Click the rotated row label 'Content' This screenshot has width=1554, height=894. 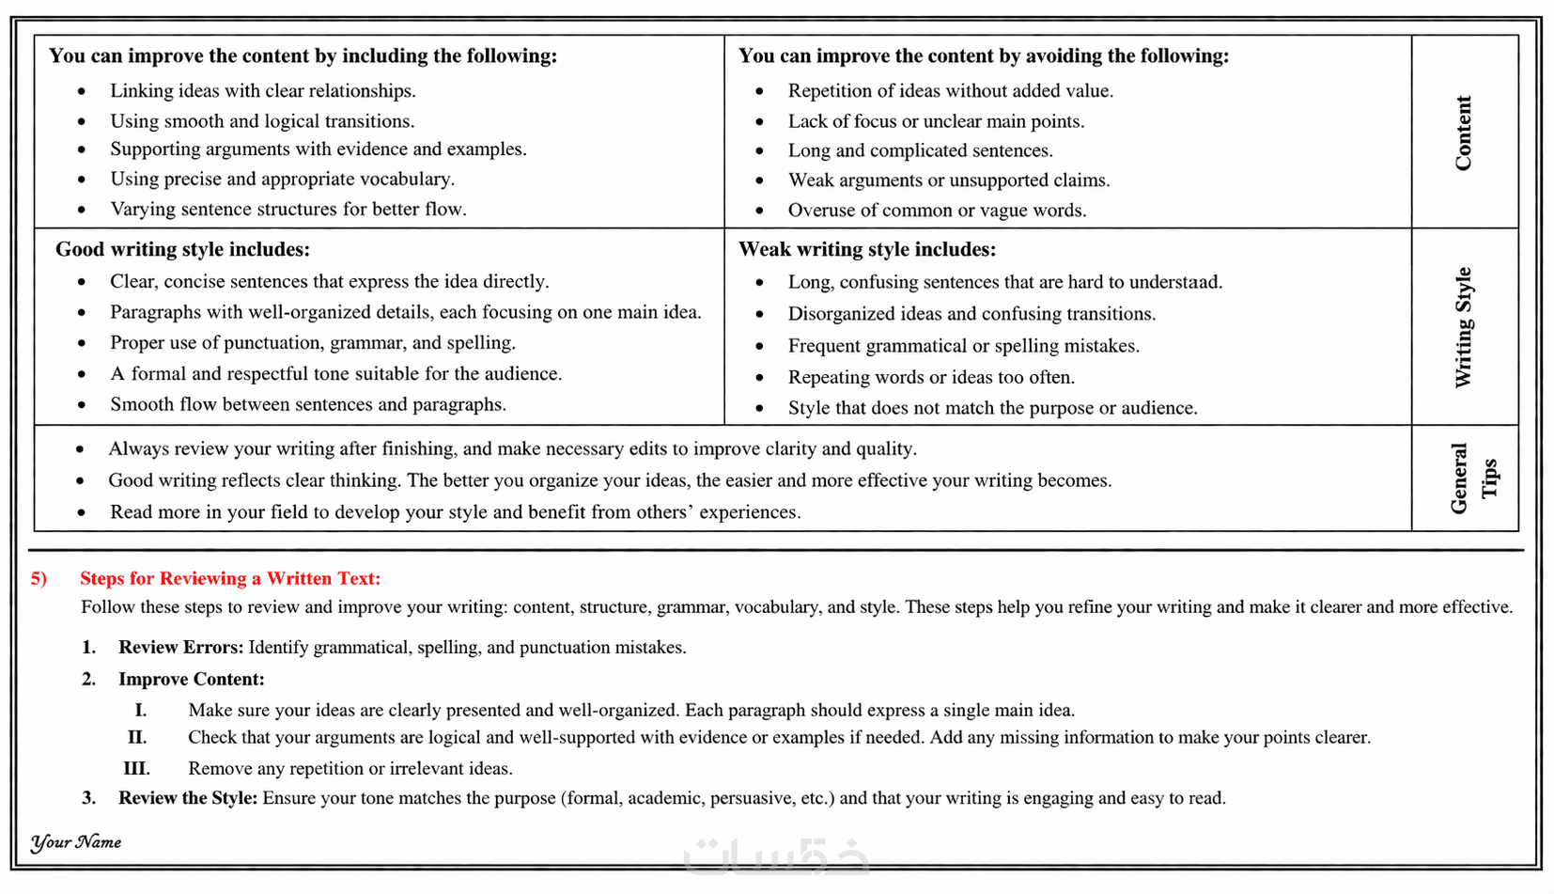click(x=1463, y=133)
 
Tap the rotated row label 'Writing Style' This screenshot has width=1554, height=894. click(x=1463, y=327)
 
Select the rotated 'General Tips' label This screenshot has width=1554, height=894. click(x=1472, y=478)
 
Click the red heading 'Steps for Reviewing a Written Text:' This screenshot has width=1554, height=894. click(x=230, y=578)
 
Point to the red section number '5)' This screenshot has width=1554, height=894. click(x=39, y=578)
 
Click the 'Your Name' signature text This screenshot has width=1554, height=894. click(x=76, y=842)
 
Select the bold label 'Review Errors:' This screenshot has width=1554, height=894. click(x=180, y=647)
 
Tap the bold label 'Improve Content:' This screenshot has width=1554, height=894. click(x=191, y=679)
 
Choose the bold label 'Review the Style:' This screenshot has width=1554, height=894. click(x=188, y=798)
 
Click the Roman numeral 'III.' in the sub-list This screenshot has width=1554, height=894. click(x=136, y=768)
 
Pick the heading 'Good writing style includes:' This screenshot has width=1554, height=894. click(x=182, y=249)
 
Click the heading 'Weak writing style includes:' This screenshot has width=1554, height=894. click(x=866, y=249)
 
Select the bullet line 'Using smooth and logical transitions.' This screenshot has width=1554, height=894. click(x=262, y=121)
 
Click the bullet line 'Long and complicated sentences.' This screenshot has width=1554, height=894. click(x=920, y=150)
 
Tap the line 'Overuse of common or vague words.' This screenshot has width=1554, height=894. click(x=937, y=211)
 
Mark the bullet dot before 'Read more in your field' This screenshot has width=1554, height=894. click(x=82, y=513)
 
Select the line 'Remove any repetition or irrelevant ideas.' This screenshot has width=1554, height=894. click(x=350, y=768)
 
